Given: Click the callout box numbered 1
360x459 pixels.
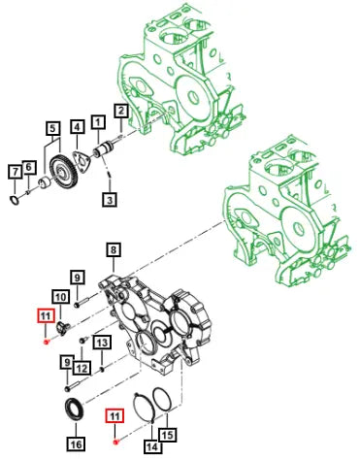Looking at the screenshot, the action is tap(98, 122).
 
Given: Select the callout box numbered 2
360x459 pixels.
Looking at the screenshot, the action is tap(121, 111).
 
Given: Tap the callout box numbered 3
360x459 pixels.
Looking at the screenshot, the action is tap(110, 200).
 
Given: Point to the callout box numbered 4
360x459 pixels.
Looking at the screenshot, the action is tap(77, 127).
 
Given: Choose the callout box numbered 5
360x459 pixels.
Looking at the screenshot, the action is tap(53, 128).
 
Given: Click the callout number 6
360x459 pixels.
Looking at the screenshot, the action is tap(29, 167).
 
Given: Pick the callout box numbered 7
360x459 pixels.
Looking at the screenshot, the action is tap(15, 172).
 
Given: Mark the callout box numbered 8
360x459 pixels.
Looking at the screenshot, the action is tap(114, 250).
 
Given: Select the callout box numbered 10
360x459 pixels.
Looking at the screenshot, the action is tap(60, 297).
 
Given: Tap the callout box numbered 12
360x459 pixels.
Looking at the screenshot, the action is tap(82, 368).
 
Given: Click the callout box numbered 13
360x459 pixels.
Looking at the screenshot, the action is tap(102, 343).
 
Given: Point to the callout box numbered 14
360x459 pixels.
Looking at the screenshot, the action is tap(152, 447).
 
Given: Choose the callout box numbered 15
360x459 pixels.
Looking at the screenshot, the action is tap(167, 435).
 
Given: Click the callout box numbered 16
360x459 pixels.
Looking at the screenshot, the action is tap(76, 443).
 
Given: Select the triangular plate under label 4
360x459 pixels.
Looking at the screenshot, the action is tap(81, 160).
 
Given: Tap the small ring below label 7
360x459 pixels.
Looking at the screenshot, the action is tap(15, 201).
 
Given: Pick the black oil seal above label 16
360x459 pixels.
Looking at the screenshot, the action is tap(73, 409).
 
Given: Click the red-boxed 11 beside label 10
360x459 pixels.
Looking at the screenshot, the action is tap(46, 316).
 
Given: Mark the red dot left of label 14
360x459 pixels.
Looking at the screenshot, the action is tap(115, 443).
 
